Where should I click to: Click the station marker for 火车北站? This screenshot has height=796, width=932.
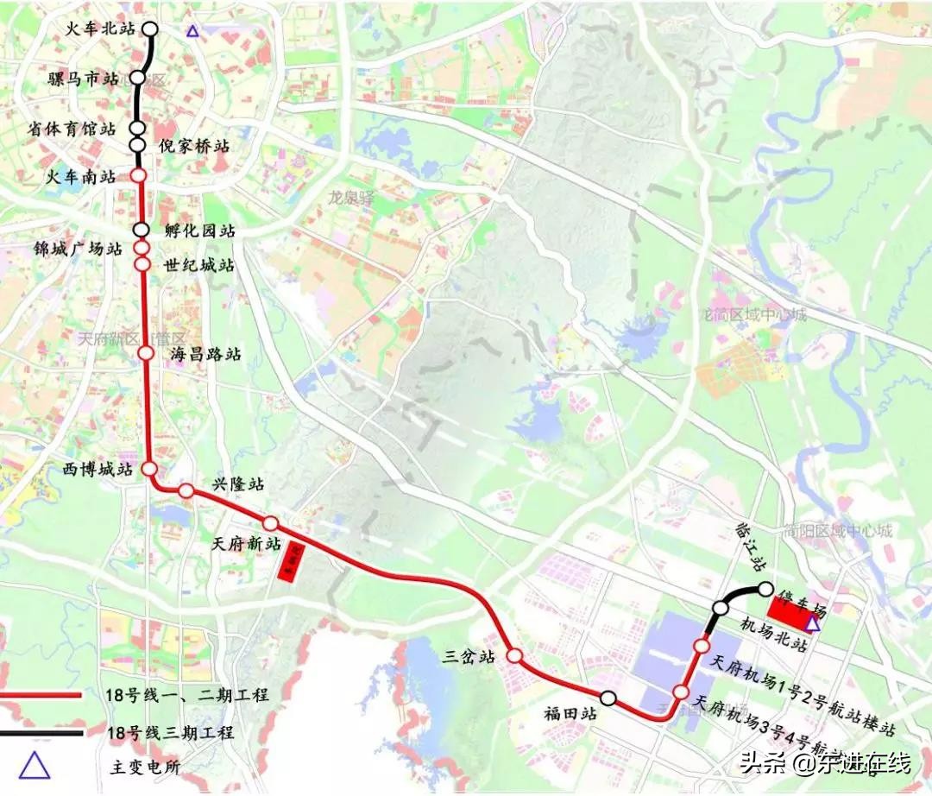point(149,28)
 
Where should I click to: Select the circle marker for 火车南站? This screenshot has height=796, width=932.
point(138,176)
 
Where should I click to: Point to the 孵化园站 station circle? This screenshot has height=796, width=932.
point(142,231)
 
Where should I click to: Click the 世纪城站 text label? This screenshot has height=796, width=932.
point(198,266)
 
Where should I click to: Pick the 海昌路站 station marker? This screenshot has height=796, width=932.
point(145,353)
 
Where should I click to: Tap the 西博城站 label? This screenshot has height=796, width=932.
point(96,471)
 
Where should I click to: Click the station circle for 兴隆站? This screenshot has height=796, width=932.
point(186,491)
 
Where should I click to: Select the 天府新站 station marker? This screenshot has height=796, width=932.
point(270,523)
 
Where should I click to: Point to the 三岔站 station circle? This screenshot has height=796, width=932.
point(513,656)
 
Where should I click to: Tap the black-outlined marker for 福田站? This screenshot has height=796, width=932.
point(608,698)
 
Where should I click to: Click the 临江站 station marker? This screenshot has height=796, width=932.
point(765,589)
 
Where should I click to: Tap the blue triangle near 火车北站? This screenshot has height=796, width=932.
point(192,31)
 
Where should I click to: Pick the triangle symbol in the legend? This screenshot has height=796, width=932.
point(35,765)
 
